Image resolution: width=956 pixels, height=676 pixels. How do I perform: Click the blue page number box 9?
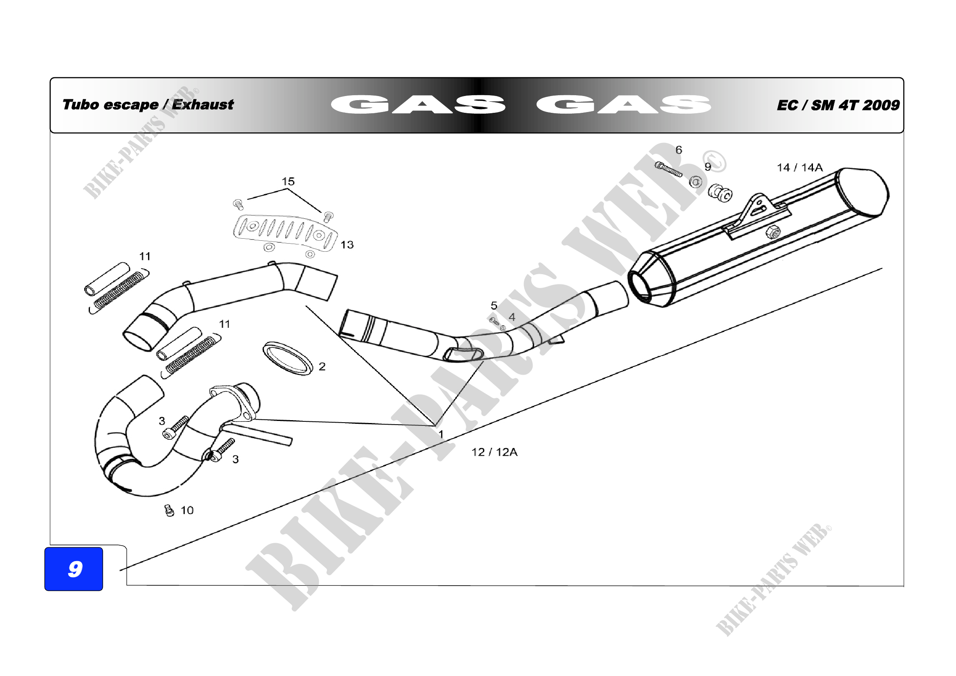74,569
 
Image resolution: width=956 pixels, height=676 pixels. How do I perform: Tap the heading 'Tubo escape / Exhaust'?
148,105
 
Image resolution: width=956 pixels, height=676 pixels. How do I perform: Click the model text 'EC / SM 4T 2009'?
838,105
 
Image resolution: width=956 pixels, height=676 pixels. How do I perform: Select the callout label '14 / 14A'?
799,167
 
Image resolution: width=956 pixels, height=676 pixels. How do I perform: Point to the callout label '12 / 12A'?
494,452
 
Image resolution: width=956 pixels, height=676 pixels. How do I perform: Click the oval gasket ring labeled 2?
287,358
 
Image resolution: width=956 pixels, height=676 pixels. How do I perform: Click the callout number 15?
288,181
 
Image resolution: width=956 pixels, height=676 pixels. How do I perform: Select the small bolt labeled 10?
169,510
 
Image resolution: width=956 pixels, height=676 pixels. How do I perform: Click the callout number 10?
187,510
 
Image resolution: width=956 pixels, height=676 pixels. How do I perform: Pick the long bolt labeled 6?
669,170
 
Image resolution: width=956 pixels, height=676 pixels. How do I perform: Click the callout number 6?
679,150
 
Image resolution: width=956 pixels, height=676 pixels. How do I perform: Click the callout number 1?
441,434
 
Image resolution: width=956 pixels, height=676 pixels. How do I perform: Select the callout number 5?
494,306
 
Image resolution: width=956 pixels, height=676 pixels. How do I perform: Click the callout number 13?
347,245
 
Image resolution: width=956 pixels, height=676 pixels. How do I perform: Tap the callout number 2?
322,367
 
